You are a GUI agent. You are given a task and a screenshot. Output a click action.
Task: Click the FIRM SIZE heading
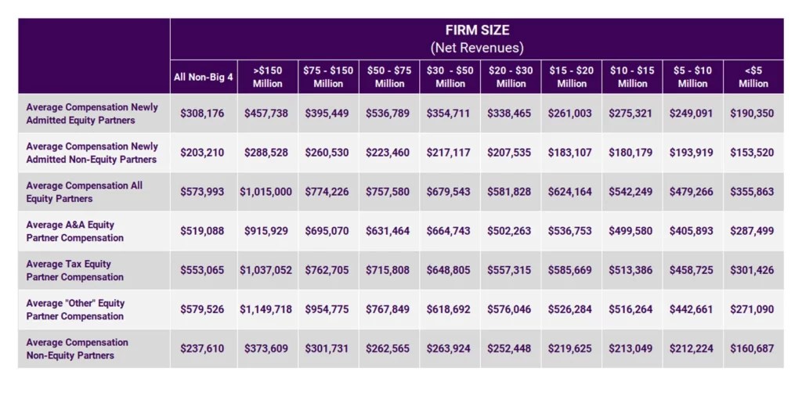click(477, 31)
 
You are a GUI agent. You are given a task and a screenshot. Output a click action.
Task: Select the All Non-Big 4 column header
click(202, 77)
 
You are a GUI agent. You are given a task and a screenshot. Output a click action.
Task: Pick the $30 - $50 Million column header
click(450, 77)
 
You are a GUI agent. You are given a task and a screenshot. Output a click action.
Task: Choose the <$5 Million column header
click(753, 77)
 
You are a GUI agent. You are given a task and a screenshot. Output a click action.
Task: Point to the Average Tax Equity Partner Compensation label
click(74, 270)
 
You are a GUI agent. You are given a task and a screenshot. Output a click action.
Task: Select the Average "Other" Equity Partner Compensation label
click(74, 309)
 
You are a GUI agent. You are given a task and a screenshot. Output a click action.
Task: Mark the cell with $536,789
click(388, 114)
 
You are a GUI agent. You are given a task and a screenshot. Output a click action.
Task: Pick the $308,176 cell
click(202, 114)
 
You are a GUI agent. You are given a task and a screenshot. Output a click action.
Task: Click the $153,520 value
click(753, 153)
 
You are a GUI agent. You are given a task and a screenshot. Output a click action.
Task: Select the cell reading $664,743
click(450, 231)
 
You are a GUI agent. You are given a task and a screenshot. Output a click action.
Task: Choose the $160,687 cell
click(753, 348)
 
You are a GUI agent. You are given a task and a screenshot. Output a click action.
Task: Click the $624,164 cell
click(572, 192)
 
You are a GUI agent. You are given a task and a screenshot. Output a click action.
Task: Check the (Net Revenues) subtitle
click(477, 48)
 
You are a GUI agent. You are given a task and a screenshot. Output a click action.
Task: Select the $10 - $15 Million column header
click(632, 77)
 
